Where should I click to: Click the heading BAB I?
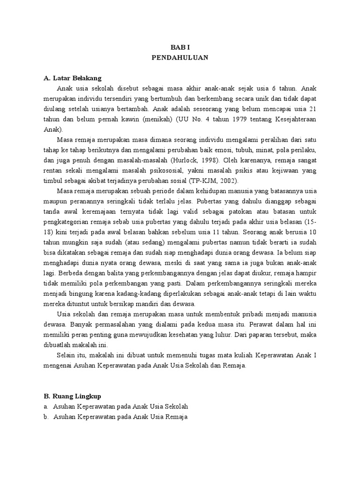coord(180,47)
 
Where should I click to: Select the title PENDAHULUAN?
coord(180,58)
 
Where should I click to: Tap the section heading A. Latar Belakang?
coord(72,78)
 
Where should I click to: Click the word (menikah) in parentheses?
coord(159,119)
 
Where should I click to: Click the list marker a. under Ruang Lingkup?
coord(46,406)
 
